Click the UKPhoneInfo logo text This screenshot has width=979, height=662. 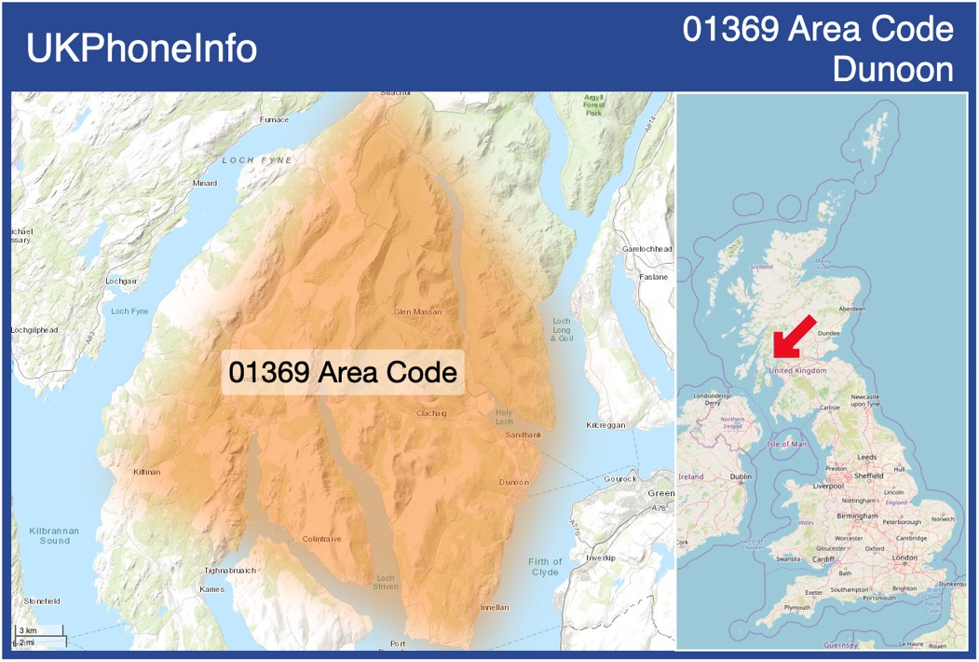(x=142, y=48)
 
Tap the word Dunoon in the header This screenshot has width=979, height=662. (x=892, y=70)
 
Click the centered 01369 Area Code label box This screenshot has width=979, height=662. (x=343, y=373)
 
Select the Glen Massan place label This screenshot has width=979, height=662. (x=418, y=311)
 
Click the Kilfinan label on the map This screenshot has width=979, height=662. (x=146, y=472)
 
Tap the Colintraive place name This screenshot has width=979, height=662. (x=322, y=539)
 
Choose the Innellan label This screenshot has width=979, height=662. (x=495, y=608)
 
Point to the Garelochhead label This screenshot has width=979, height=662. (x=646, y=250)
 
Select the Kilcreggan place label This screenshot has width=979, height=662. (x=605, y=425)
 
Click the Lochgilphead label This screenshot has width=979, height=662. (x=35, y=330)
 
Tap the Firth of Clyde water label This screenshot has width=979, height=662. (x=545, y=567)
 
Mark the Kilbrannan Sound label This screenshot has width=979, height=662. (x=54, y=535)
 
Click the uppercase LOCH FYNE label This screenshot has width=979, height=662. (x=256, y=160)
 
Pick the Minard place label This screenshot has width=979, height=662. (x=204, y=184)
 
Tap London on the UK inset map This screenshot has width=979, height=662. (x=905, y=558)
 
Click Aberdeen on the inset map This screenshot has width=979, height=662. (x=851, y=309)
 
